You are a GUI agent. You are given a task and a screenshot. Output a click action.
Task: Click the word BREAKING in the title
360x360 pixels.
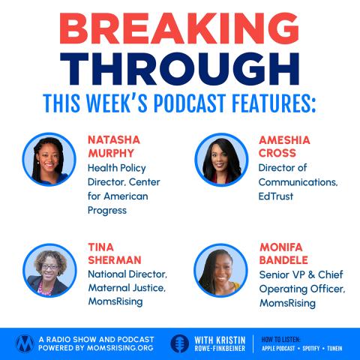(179, 28)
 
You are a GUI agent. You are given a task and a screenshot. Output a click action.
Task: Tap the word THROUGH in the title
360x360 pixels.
(179, 69)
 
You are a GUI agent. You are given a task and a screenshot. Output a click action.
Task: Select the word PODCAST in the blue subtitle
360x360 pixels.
(190, 103)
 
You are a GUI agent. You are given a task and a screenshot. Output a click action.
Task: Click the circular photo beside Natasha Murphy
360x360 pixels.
(49, 159)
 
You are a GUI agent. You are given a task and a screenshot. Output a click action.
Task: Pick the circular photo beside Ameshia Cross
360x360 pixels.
(221, 160)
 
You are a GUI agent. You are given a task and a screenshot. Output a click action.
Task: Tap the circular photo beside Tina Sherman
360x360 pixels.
(49, 270)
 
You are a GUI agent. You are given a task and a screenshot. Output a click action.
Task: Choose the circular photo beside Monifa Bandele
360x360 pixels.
(220, 270)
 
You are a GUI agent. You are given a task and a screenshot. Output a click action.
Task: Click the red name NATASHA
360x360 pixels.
(114, 140)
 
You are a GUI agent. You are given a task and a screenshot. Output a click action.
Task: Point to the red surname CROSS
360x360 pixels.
(277, 153)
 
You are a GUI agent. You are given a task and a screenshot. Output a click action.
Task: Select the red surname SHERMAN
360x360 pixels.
(115, 260)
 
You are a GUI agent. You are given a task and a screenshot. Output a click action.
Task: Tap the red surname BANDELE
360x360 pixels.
(283, 260)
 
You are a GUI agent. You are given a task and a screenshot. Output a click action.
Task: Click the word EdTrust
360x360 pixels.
(276, 196)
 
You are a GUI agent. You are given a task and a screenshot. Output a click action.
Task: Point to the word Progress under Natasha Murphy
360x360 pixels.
(107, 211)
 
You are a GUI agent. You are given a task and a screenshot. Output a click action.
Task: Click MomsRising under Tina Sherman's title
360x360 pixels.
(115, 301)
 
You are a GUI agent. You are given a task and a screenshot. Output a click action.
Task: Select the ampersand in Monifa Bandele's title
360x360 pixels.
(311, 274)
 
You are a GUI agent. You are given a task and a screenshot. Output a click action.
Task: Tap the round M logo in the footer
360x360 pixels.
(25, 343)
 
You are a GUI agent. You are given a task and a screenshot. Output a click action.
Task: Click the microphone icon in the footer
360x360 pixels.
(180, 343)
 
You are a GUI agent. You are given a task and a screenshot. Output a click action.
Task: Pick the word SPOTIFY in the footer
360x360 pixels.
(311, 348)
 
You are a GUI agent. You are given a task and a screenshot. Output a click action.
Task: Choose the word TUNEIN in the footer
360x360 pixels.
(334, 348)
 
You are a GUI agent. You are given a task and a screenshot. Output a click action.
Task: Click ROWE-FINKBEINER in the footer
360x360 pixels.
(220, 348)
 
